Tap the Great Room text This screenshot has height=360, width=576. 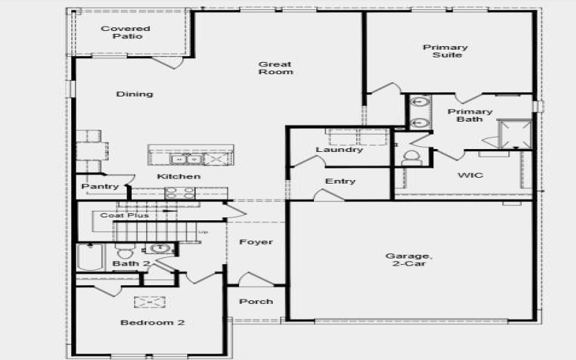tap(276, 68)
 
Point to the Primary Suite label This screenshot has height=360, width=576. tap(445, 51)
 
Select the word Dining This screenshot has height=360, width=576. tap(135, 94)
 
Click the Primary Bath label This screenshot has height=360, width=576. tap(470, 115)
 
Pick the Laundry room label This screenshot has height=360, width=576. tap(339, 150)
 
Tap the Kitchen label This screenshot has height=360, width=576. tap(179, 176)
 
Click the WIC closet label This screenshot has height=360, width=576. tap(470, 175)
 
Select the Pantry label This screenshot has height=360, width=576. tap(100, 186)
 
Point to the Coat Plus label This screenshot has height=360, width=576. tap(125, 215)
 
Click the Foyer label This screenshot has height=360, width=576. tap(256, 242)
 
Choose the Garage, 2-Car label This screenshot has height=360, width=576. tap(408, 260)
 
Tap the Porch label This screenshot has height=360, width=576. tap(256, 301)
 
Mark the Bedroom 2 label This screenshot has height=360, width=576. tap(152, 323)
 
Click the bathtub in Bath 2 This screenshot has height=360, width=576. tap(89, 257)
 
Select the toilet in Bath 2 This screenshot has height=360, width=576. tap(124, 253)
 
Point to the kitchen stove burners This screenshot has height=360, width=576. tap(180, 192)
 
